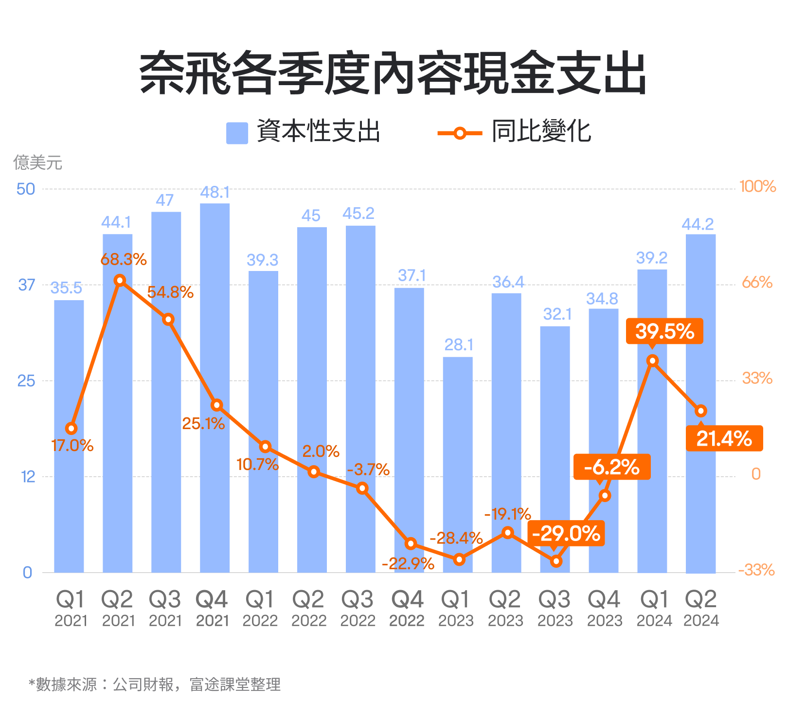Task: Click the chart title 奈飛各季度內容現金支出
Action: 393,74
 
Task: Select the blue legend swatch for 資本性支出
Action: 237,132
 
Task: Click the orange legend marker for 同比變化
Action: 460,133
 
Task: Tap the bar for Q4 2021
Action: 215,389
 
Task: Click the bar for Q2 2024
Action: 700,404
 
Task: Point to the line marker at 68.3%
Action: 120,280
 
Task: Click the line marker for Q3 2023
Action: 556,561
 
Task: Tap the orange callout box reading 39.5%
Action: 664,331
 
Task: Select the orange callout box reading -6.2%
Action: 612,467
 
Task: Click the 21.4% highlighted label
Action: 724,438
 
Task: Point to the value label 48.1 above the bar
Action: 215,193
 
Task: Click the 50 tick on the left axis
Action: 26,189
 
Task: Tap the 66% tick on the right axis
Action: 757,282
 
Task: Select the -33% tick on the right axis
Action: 756,570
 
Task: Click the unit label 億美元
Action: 37,162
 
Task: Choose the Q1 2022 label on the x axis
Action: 260,608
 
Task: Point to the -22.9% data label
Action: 408,563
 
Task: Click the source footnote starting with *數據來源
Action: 155,685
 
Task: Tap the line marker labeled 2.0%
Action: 314,471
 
